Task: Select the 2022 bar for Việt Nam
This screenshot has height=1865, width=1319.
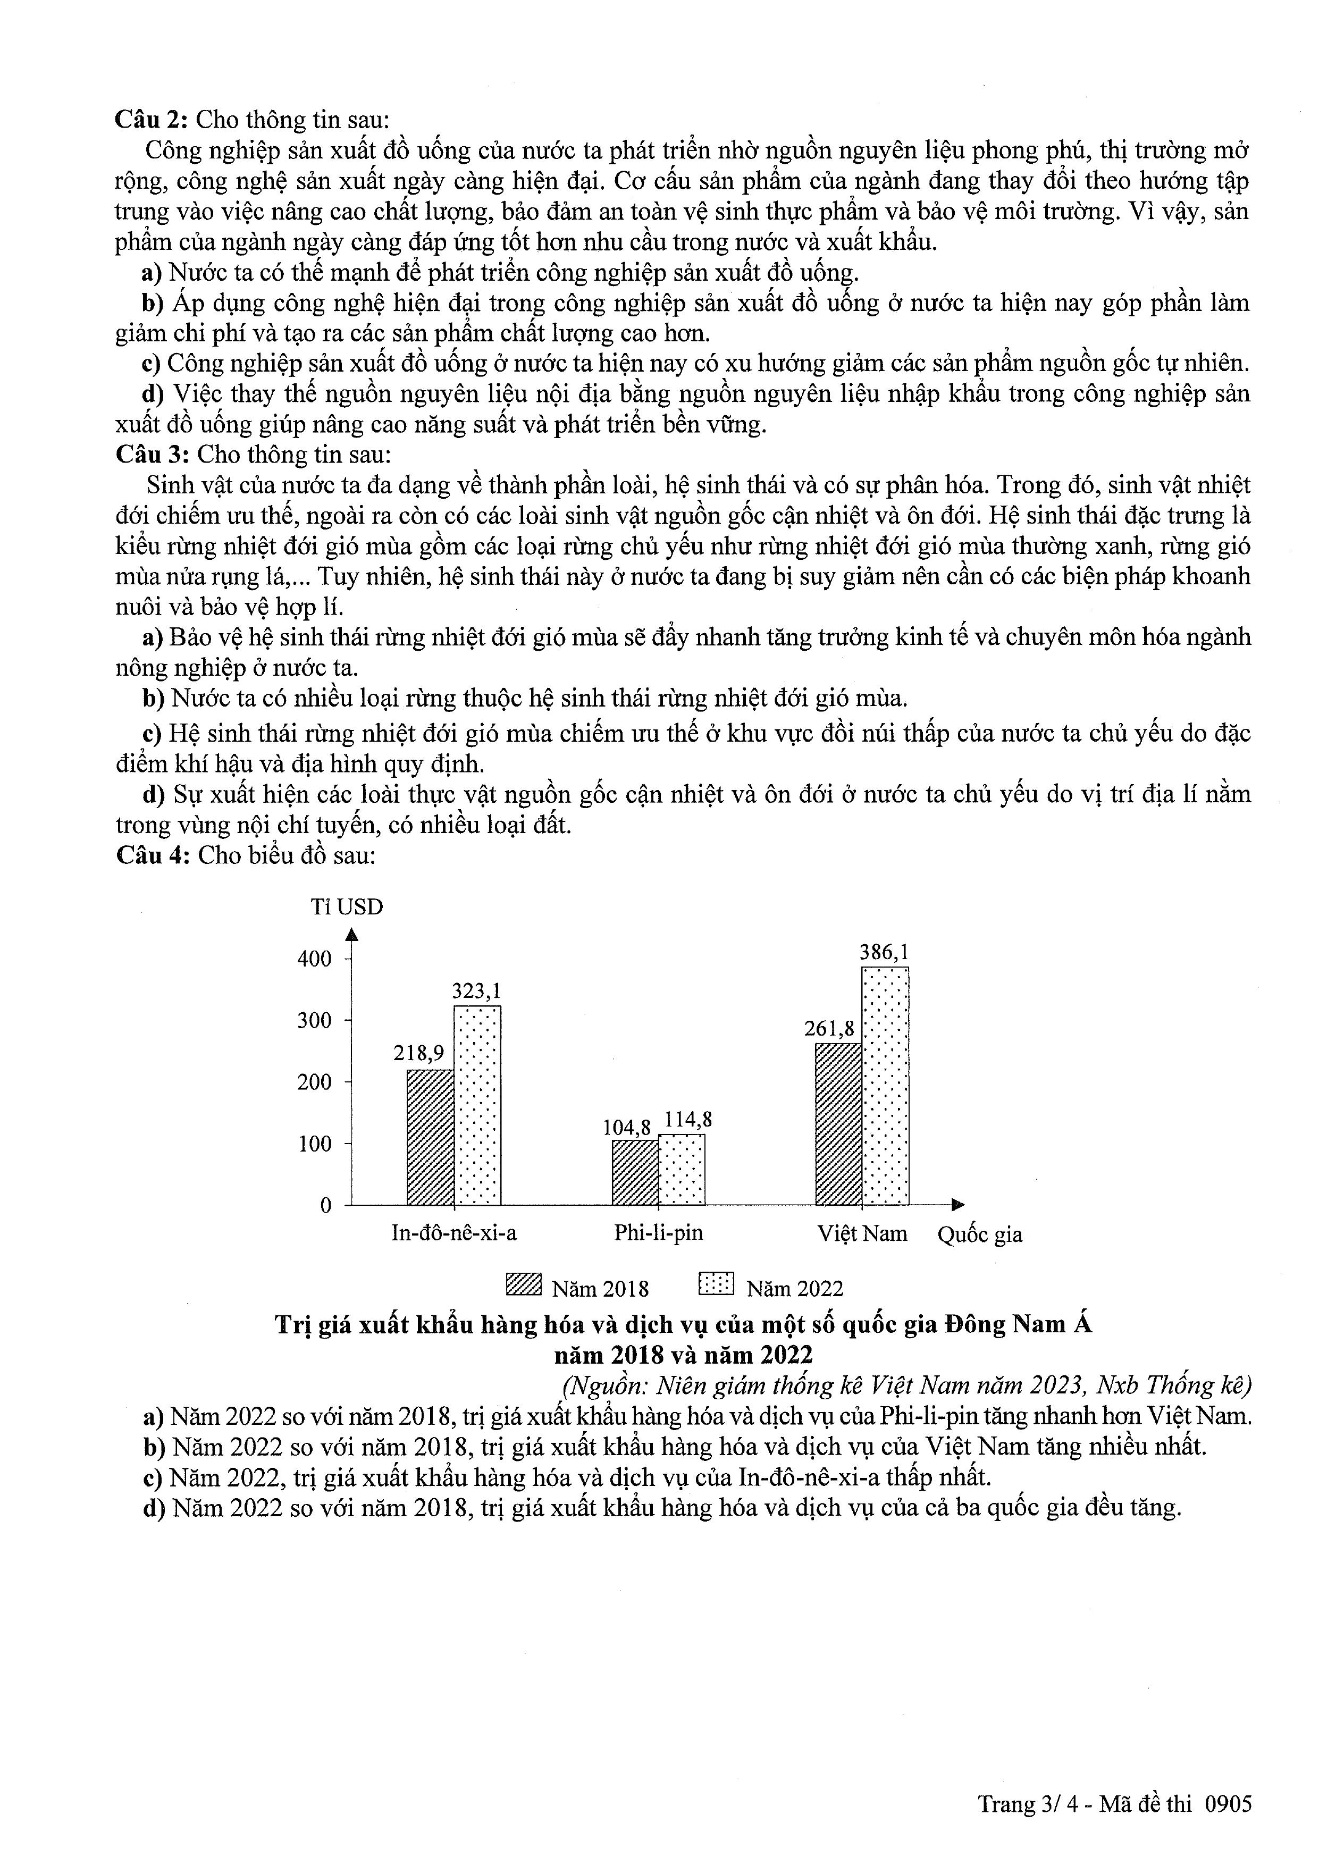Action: click(885, 1085)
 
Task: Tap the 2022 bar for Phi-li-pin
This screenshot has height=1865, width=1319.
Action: click(682, 1169)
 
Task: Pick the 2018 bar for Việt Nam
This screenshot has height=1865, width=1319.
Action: click(838, 1123)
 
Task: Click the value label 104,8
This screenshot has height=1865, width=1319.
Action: click(626, 1128)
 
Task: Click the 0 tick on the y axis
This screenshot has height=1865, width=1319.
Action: click(326, 1205)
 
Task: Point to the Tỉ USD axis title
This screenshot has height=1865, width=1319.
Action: click(347, 906)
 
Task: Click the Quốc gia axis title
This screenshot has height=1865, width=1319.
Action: click(979, 1234)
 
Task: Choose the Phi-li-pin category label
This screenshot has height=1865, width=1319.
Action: click(658, 1233)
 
